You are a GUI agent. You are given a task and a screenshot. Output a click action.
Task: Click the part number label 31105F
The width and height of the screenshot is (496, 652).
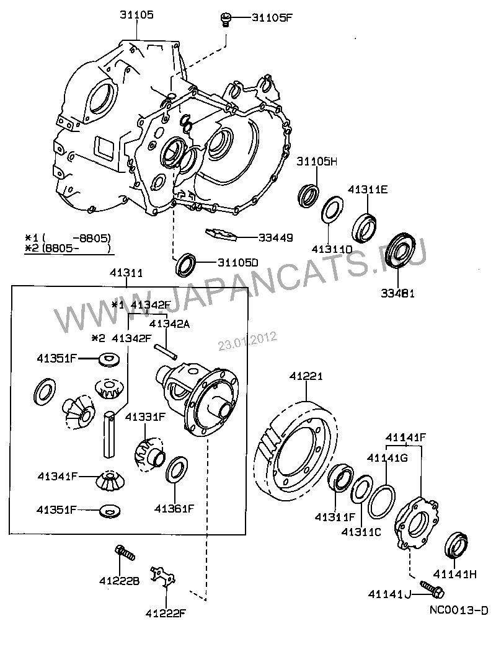click(272, 17)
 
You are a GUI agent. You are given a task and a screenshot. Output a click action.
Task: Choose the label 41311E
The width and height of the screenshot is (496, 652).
click(368, 190)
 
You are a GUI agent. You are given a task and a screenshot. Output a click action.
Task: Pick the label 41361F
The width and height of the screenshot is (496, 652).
click(175, 508)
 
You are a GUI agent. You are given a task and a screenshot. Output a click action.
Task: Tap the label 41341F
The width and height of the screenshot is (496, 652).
click(57, 476)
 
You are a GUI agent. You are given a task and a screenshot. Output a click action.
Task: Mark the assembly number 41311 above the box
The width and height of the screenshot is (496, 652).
click(126, 272)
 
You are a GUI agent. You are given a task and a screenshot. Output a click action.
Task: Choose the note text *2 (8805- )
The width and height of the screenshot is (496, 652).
click(68, 249)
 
